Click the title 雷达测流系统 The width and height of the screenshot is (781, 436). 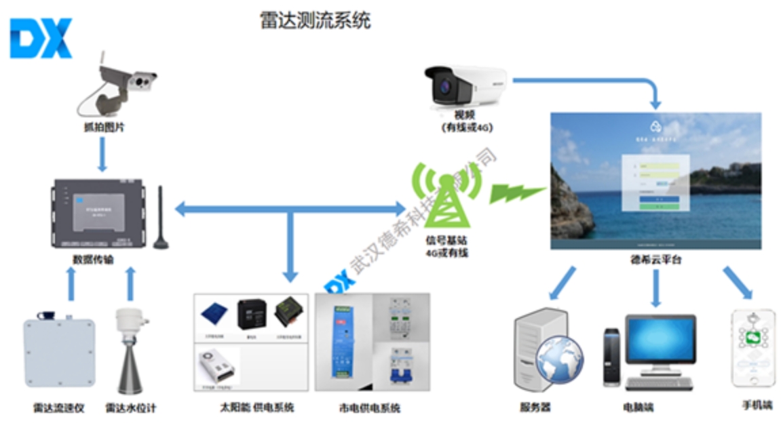316,20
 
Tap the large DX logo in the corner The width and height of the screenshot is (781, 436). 41,38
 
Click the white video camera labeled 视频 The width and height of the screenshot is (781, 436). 465,85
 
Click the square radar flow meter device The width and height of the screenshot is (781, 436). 59,353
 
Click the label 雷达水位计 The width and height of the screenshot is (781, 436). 131,408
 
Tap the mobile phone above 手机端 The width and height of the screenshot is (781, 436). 752,349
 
